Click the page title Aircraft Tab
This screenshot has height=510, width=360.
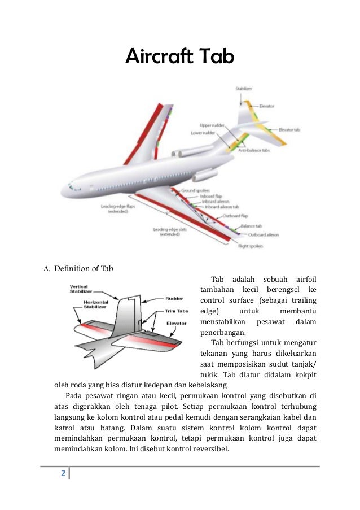pyautogui.click(x=179, y=57)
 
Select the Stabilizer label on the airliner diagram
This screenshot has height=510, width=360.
pyautogui.click(x=244, y=89)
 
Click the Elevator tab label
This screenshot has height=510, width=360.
pyautogui.click(x=289, y=130)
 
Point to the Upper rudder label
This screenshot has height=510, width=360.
pyautogui.click(x=211, y=125)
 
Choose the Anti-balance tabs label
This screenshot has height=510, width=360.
pyautogui.click(x=253, y=151)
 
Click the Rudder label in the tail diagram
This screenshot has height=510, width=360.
pyautogui.click(x=174, y=299)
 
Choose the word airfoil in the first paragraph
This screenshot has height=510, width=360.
pyautogui.click(x=306, y=279)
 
